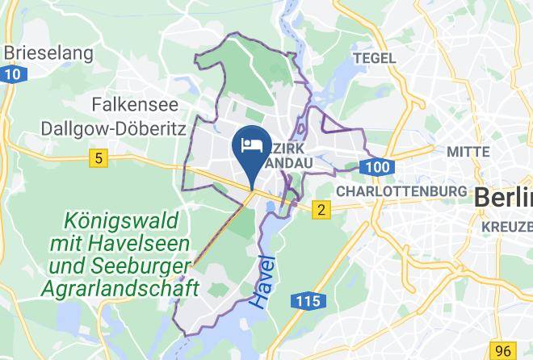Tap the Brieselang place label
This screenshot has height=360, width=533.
48,54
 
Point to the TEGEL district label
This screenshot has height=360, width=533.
375,58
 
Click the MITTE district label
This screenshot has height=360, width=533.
468,152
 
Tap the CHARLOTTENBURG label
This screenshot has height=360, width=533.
401,191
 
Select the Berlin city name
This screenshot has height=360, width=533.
503,197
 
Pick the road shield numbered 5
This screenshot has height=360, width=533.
99,159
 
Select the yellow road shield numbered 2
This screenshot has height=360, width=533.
321,211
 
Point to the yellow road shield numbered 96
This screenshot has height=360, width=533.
504,350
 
